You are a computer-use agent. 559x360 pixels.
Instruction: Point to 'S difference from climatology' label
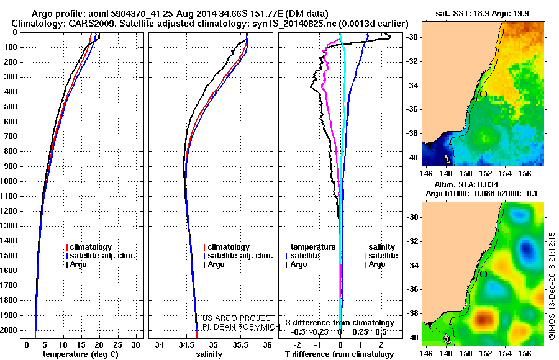[x=339, y=323]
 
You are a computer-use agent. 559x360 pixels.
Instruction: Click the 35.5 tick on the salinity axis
[x=241, y=344]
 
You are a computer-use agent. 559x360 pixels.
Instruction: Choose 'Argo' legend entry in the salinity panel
[x=216, y=264]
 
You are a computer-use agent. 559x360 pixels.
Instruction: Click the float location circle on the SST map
[x=483, y=94]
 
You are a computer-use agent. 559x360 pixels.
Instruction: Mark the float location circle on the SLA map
[x=483, y=274]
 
